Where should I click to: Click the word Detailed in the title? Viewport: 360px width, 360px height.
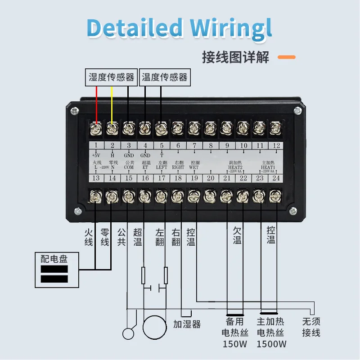135,28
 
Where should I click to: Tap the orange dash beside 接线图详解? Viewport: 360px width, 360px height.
286,58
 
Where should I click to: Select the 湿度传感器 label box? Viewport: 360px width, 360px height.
112,77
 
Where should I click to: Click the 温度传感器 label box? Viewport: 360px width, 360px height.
164,77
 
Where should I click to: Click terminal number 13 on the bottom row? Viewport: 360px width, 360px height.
96,178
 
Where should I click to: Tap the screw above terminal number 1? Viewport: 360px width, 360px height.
96,128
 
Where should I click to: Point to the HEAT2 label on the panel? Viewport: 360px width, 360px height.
235,167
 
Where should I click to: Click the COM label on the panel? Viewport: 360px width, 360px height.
129,167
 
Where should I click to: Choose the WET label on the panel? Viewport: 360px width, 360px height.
193,167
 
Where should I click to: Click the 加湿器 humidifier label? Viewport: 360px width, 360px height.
187,324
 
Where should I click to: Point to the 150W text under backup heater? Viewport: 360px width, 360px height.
234,344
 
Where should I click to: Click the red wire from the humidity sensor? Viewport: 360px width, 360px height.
96,103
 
